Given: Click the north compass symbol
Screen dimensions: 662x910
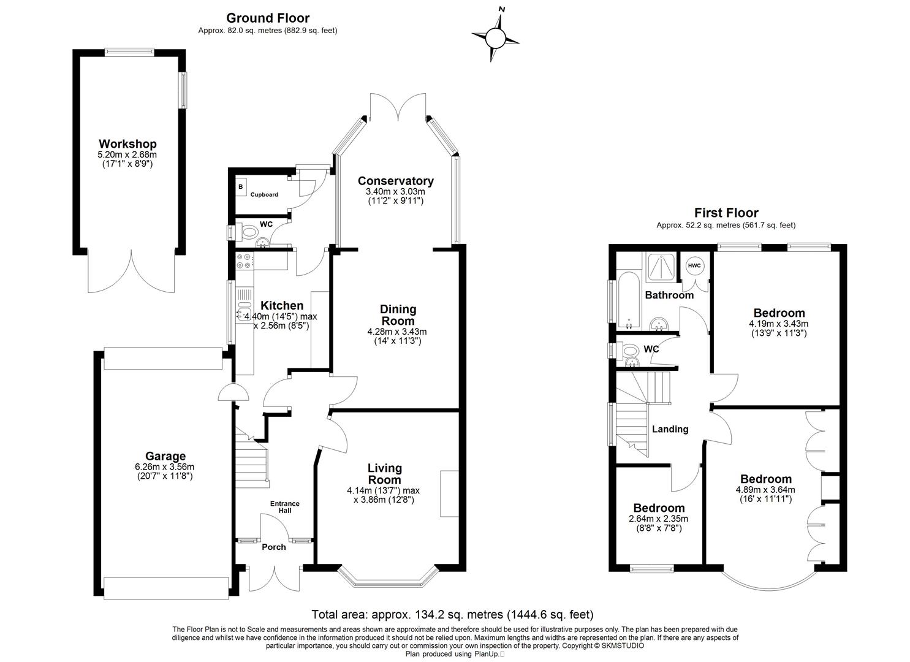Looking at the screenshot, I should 496,39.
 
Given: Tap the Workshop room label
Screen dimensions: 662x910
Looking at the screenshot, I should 128,145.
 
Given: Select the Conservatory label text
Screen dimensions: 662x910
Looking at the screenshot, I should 395,181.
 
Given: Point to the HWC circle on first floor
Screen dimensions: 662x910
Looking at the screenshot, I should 694,265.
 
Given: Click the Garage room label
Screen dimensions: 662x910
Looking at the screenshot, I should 165,456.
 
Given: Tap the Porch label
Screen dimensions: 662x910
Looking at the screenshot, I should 274,547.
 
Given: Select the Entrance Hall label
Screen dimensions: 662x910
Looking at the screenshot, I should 285,507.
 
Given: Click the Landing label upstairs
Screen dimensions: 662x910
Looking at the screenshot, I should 670,429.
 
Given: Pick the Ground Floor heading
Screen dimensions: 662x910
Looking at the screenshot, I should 268,18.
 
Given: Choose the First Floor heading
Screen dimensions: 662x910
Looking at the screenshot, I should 726,213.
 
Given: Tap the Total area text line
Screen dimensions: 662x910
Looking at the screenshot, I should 452,614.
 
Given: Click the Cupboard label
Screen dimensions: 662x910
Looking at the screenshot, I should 264,195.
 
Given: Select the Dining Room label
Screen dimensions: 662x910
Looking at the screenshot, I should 398,315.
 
